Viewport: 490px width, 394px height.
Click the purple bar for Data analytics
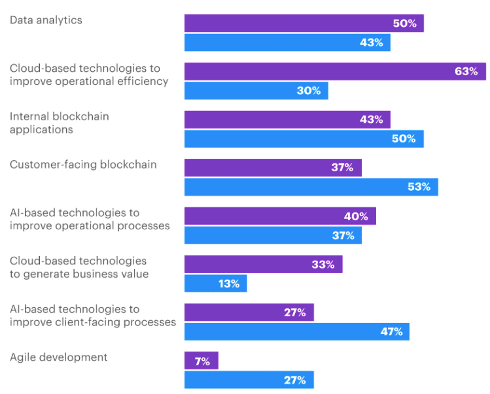tap(304, 24)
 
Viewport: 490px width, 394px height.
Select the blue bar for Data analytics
tap(287, 42)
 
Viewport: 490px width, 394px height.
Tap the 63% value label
tap(466, 71)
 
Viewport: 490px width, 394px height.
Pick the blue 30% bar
tap(256, 91)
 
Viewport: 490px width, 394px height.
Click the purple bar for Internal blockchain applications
tap(287, 120)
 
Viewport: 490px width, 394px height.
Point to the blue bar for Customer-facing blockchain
tap(311, 187)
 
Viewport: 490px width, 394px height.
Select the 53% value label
tap(419, 187)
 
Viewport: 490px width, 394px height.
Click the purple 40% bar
tap(280, 216)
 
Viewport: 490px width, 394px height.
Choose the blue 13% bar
tap(215, 284)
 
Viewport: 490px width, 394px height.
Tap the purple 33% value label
tap(323, 265)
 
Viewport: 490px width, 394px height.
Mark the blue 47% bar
tap(296, 331)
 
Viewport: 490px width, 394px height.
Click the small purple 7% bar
tap(201, 361)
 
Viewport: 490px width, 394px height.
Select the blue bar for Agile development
tap(249, 380)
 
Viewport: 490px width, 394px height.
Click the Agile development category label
tap(59, 357)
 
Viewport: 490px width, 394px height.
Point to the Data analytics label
tap(46, 20)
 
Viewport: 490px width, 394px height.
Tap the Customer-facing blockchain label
tap(83, 165)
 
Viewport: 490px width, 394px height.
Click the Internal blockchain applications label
tap(59, 123)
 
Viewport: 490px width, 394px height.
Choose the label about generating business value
tap(79, 267)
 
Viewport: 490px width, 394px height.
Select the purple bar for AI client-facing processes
tap(249, 312)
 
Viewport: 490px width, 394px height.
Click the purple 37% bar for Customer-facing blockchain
tap(273, 168)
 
